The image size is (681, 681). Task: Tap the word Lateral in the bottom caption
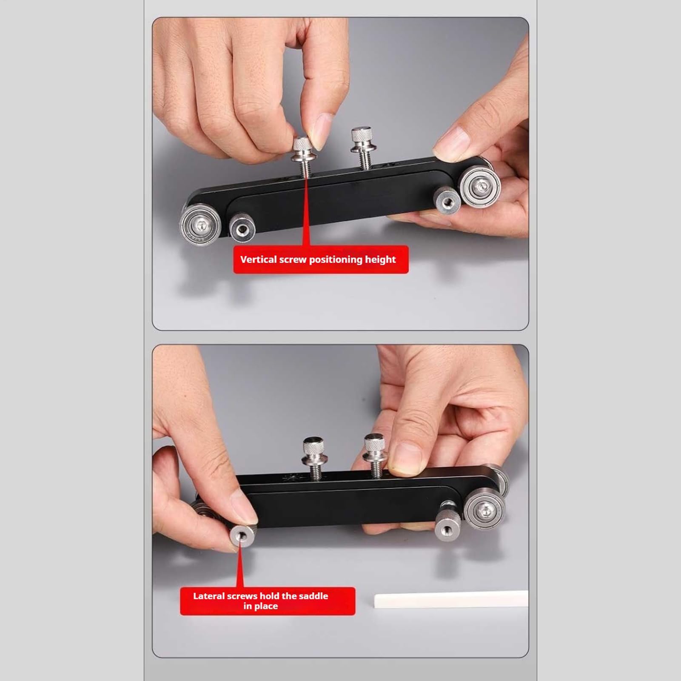[209, 596]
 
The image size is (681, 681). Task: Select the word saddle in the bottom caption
[313, 596]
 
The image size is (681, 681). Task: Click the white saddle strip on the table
[451, 599]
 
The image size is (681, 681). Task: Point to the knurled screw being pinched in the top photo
[305, 155]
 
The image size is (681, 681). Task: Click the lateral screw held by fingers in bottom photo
[243, 536]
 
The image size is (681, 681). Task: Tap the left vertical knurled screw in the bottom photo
[315, 458]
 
